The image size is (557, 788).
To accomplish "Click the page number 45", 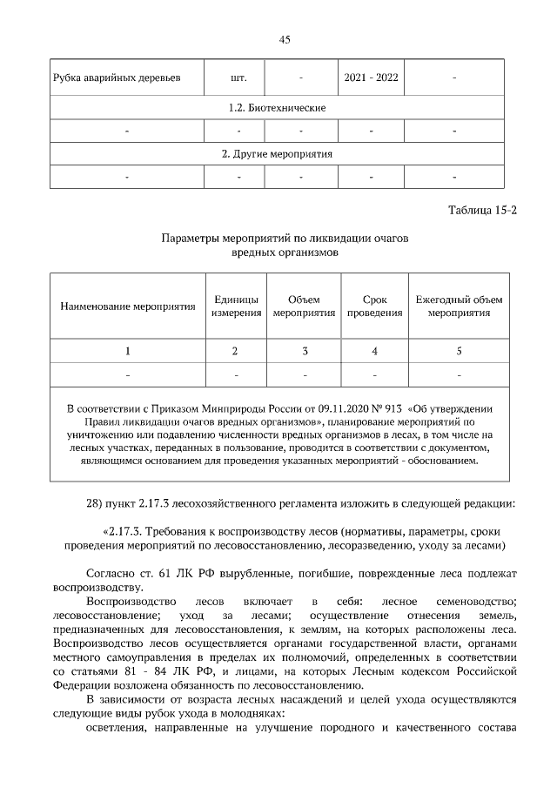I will [x=284, y=40].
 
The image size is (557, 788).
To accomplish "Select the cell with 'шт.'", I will [x=238, y=77].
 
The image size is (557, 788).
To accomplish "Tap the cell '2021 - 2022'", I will [x=371, y=77].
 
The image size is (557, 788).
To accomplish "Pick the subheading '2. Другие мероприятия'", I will [x=277, y=153].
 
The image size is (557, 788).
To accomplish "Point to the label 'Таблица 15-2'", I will [x=482, y=211].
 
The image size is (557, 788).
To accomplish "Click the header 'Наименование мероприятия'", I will [x=127, y=306].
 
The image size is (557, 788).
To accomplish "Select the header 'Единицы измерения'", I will [x=235, y=306].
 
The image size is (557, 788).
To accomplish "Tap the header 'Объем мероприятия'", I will [x=305, y=306].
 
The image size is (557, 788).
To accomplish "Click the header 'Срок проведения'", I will [x=374, y=306].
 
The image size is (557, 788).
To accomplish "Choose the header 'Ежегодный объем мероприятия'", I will [x=459, y=306].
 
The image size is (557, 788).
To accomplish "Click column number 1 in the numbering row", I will [x=127, y=351].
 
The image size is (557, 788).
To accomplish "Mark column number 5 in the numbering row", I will [x=459, y=351].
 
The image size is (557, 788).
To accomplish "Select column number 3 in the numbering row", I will [x=305, y=351].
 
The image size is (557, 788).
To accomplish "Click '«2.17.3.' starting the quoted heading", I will [x=123, y=530].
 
